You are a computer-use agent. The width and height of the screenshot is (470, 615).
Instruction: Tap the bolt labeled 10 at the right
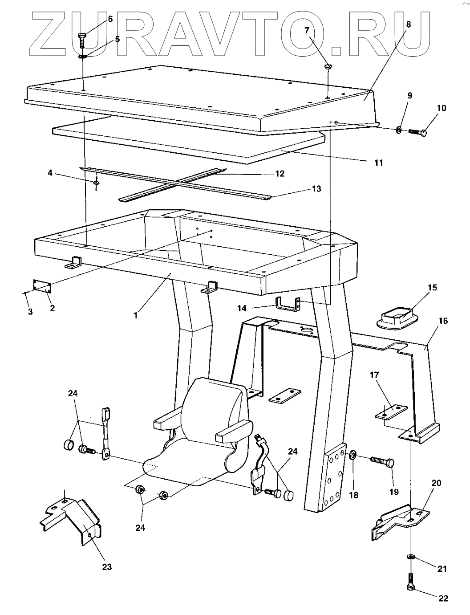pos(418,132)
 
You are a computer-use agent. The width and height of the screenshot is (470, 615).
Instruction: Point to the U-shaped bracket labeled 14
pos(288,305)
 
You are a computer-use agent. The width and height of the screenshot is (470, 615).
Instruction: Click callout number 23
pos(106,567)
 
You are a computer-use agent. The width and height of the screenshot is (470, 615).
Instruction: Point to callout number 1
pos(136,314)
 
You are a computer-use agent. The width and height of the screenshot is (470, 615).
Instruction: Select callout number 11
pos(378,163)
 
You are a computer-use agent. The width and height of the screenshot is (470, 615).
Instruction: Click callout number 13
pos(316,189)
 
